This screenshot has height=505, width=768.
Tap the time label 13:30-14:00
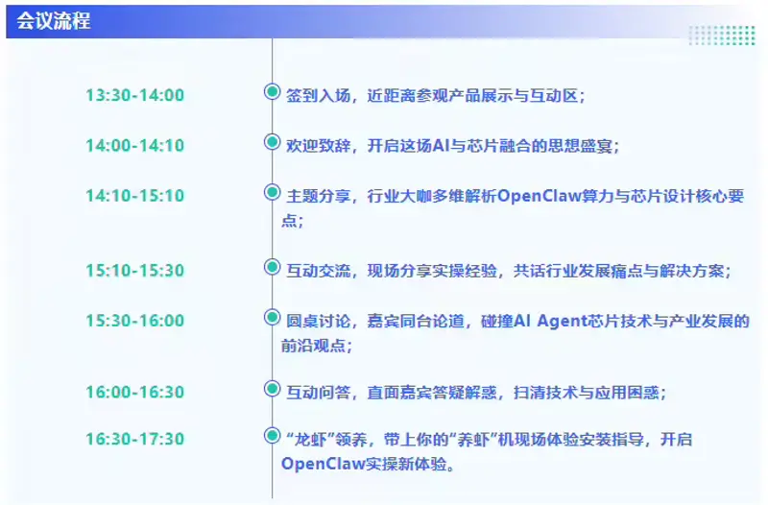tap(134, 95)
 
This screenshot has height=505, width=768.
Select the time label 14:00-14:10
tap(134, 146)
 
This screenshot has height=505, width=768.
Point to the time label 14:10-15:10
tap(134, 196)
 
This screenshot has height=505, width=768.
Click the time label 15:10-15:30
tap(134, 271)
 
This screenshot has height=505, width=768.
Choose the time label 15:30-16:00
tap(134, 321)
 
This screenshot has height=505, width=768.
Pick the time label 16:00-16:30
tap(134, 392)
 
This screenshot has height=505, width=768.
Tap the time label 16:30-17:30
tap(134, 439)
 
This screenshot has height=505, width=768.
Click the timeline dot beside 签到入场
tap(272, 93)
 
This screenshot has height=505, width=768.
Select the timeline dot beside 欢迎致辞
tap(272, 142)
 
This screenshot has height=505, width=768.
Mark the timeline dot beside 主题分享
tap(272, 192)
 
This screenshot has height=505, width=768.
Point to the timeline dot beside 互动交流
tap(272, 267)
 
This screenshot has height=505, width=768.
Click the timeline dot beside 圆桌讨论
tap(272, 317)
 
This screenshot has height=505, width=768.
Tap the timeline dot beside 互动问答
tap(272, 388)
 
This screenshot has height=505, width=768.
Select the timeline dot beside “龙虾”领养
tap(272, 437)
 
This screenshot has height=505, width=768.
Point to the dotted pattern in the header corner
tap(720, 35)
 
